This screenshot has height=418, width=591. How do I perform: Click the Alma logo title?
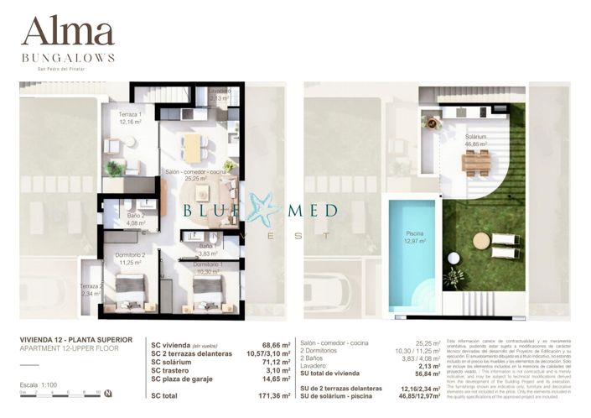[x=67, y=31]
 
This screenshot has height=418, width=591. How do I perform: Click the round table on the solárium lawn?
[x=481, y=241]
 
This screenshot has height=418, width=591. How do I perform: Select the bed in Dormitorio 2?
[x=131, y=291]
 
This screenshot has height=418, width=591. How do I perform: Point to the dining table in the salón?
[x=193, y=148]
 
